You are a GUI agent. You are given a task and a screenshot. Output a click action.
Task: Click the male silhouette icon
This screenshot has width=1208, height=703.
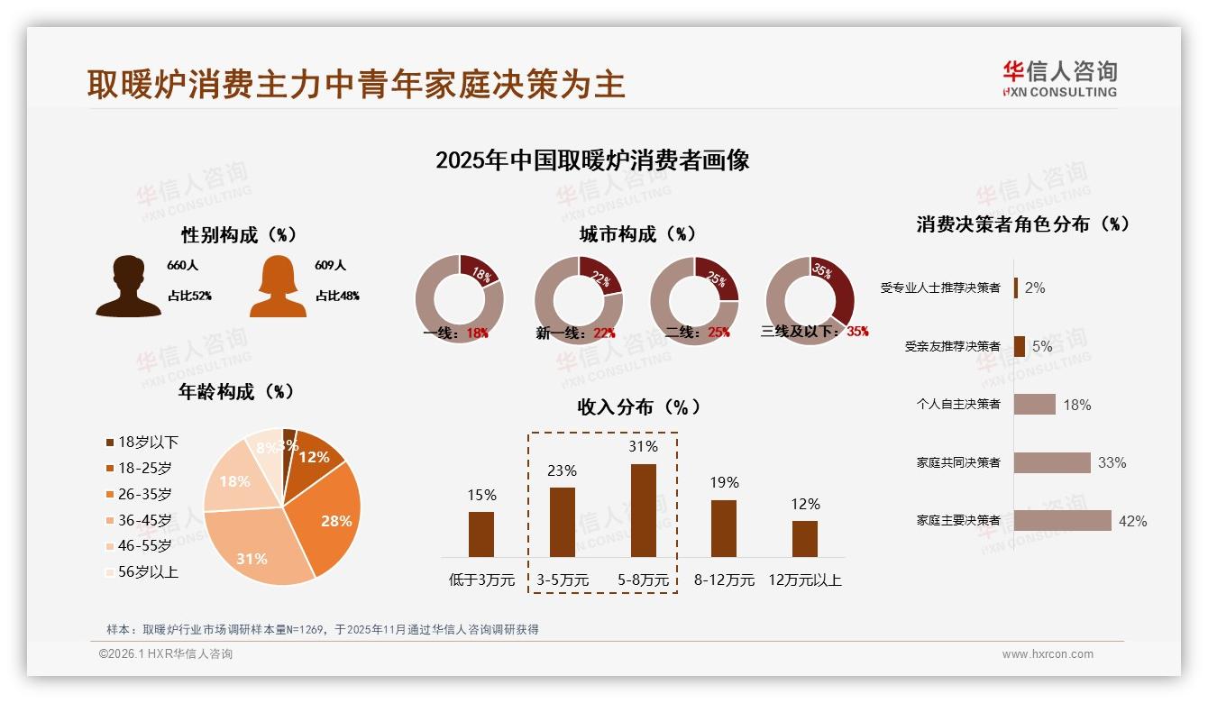(129, 286)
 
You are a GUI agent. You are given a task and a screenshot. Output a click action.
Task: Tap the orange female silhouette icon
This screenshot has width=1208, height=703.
(278, 286)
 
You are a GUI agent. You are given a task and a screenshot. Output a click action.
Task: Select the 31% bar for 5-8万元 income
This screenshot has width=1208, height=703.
(643, 510)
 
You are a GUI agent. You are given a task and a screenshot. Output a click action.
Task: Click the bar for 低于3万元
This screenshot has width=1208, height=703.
(481, 534)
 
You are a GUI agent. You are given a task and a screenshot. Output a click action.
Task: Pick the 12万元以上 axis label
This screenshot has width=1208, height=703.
(804, 580)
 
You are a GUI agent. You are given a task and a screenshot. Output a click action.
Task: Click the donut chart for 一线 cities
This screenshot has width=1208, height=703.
(459, 299)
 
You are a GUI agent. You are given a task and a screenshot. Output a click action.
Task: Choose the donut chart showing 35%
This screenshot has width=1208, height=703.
(810, 299)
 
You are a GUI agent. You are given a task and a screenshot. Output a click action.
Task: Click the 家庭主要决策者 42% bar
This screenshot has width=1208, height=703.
(1062, 521)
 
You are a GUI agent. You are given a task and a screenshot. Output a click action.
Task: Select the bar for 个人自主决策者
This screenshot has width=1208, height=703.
(1034, 405)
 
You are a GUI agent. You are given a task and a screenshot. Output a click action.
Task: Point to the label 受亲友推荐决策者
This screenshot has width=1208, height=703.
(952, 346)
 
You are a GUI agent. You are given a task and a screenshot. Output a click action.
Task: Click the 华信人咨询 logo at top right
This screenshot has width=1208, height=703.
(1059, 78)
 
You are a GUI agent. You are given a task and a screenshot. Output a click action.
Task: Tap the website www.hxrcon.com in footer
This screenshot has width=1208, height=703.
(1048, 654)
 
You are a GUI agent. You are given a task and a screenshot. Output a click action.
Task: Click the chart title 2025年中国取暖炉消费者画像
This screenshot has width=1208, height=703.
(592, 160)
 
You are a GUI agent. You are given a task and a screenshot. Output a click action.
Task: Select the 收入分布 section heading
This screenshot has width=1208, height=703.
(638, 406)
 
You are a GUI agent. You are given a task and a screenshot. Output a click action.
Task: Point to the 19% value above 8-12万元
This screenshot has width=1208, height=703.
(723, 482)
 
